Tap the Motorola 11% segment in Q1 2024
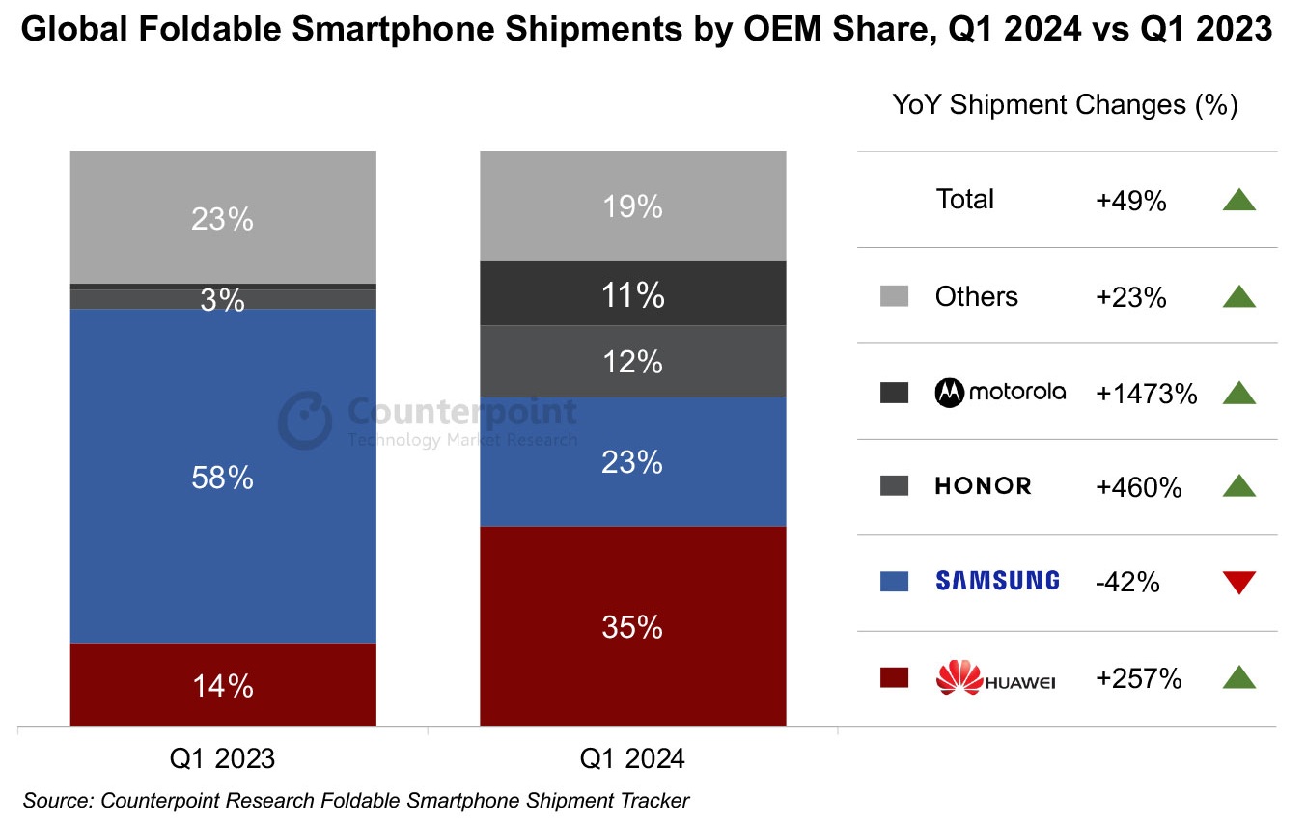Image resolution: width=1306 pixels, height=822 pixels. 632,293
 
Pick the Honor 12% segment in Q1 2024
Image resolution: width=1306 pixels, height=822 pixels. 632,362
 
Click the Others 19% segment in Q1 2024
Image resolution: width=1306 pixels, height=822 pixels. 632,205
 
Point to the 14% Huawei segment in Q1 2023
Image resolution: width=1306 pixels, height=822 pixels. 223,684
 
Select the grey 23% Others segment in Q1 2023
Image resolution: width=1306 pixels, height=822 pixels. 223,217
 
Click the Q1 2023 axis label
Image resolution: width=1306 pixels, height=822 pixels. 223,758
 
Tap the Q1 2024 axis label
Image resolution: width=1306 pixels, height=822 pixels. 632,758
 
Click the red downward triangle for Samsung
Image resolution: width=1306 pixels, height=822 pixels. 1238,582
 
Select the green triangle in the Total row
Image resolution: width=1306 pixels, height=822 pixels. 1238,200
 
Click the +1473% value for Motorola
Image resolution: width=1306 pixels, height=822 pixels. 1146,393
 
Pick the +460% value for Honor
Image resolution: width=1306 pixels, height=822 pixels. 1138,487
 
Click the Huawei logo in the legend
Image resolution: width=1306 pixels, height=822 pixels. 995,678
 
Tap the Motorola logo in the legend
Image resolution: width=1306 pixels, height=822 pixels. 1000,392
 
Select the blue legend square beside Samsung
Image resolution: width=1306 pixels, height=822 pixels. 895,582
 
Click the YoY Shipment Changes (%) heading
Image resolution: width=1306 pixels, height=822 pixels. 1065,105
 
